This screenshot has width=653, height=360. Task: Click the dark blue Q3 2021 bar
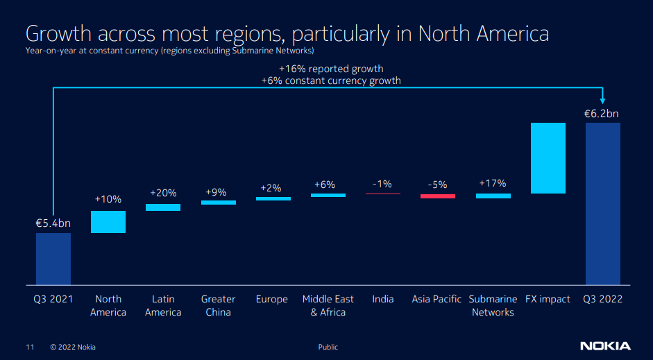[x=53, y=258]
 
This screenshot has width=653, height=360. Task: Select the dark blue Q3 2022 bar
[x=603, y=203]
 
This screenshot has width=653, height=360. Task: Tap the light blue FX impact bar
[x=548, y=158]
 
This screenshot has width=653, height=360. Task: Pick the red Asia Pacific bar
[x=438, y=196]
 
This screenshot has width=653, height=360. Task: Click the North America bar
[x=108, y=222]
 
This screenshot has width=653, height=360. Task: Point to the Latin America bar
[x=163, y=207]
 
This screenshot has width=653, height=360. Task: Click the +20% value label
[x=163, y=193]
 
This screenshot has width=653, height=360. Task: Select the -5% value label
[x=438, y=185]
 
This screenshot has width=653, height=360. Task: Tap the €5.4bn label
[x=53, y=223]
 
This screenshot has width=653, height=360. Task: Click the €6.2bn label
[x=602, y=114]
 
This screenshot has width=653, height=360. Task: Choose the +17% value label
[x=493, y=184]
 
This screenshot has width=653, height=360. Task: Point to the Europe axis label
[x=272, y=299]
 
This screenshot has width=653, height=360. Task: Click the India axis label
[x=382, y=299]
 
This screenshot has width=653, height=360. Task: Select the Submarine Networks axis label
[x=493, y=305]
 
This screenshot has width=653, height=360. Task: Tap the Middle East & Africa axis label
[x=328, y=305]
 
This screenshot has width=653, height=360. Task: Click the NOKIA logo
[x=605, y=346]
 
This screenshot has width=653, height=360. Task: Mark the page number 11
[x=30, y=347]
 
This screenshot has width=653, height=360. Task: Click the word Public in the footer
[x=328, y=347]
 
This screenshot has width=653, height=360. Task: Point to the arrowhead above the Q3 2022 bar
[x=602, y=101]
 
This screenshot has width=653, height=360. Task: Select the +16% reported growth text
[x=331, y=69]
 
